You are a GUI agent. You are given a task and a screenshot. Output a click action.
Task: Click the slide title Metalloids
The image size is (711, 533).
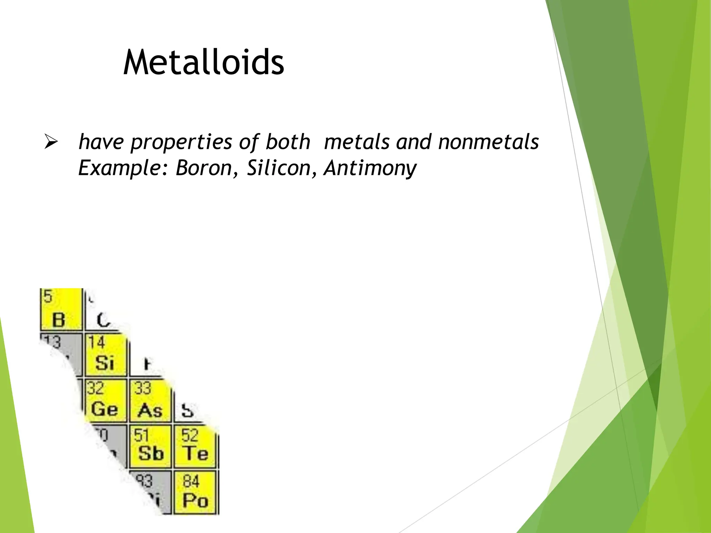coord(204,62)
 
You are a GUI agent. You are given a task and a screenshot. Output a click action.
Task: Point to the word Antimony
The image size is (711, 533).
coord(370,168)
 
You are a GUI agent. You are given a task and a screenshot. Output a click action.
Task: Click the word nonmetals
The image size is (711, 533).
coord(488,142)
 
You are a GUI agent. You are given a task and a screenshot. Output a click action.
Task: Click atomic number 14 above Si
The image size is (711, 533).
coord(96,342)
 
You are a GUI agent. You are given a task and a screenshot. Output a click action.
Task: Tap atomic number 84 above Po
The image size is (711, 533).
coord(191,481)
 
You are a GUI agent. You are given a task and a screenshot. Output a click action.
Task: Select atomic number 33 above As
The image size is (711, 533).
coord(142,388)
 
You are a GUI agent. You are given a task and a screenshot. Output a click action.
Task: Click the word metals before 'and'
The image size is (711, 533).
coord(357,142)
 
